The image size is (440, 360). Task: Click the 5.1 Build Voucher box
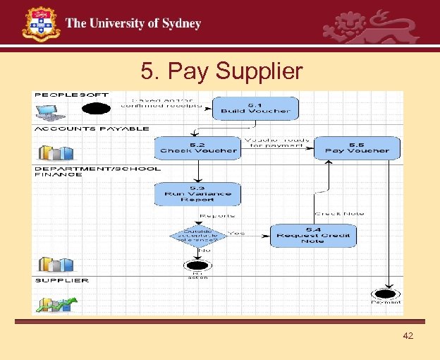pos(255,108)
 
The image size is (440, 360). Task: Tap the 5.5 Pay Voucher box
pos(357,148)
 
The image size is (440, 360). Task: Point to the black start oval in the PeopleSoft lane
pos(97,109)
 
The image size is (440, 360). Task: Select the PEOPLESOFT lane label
pos(71,95)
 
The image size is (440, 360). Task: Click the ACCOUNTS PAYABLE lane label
pos(92,129)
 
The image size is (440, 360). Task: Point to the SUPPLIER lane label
pos(62,280)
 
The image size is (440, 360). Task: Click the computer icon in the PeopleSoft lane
pos(51,112)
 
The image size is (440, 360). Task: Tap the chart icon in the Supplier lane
pos(57,304)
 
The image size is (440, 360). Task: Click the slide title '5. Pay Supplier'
pos(221,71)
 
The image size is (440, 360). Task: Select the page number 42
pos(408,335)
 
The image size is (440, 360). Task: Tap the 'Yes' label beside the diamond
pos(237,232)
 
